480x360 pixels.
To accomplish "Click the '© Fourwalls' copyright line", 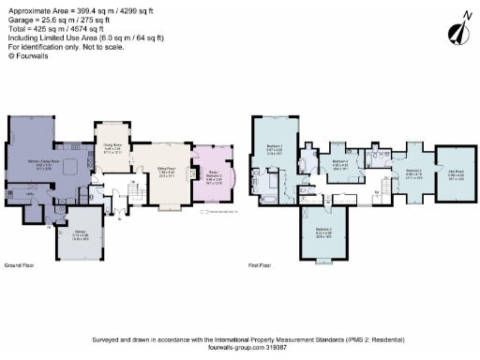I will click(28, 56).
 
